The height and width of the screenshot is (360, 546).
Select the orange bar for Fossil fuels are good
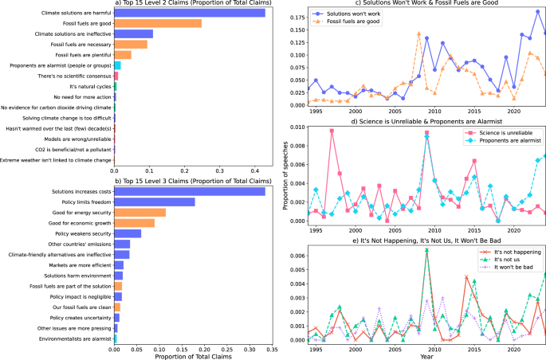158,23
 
